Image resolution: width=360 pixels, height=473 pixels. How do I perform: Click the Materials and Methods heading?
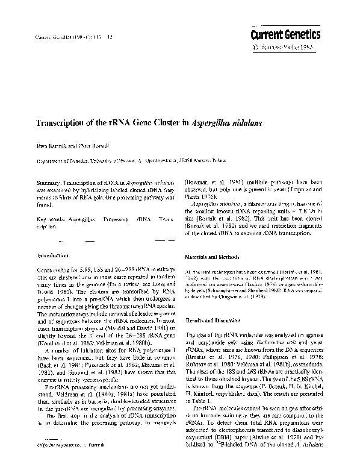[217, 255]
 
